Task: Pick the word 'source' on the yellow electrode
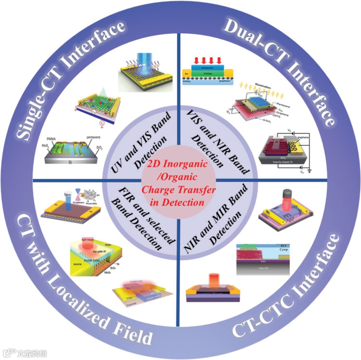pyautogui.click(x=78, y=264)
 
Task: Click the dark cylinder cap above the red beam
pyautogui.click(x=287, y=194)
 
